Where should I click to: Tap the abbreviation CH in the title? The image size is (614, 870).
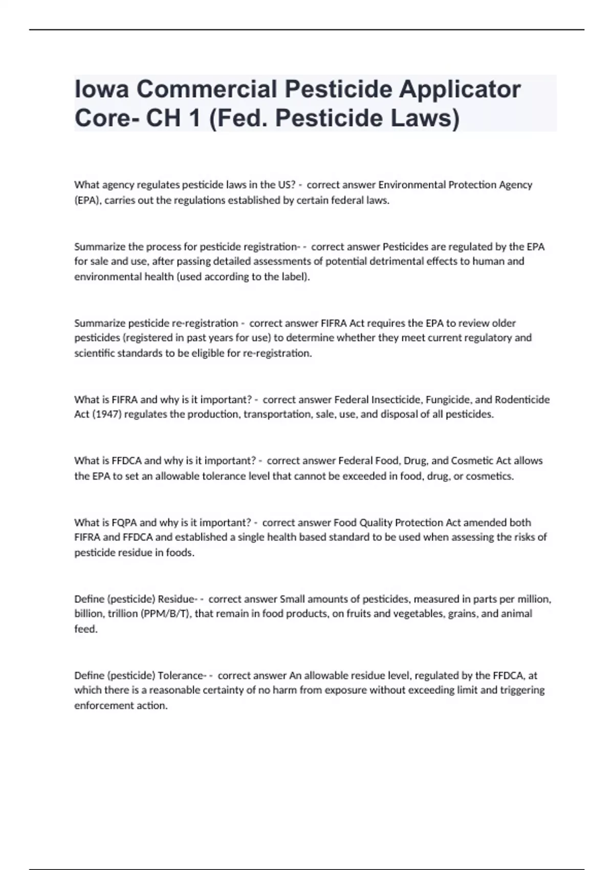(x=163, y=118)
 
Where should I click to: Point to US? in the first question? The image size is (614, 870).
(x=285, y=185)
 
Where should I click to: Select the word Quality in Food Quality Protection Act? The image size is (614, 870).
(x=377, y=523)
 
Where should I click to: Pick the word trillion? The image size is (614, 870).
(x=122, y=614)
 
